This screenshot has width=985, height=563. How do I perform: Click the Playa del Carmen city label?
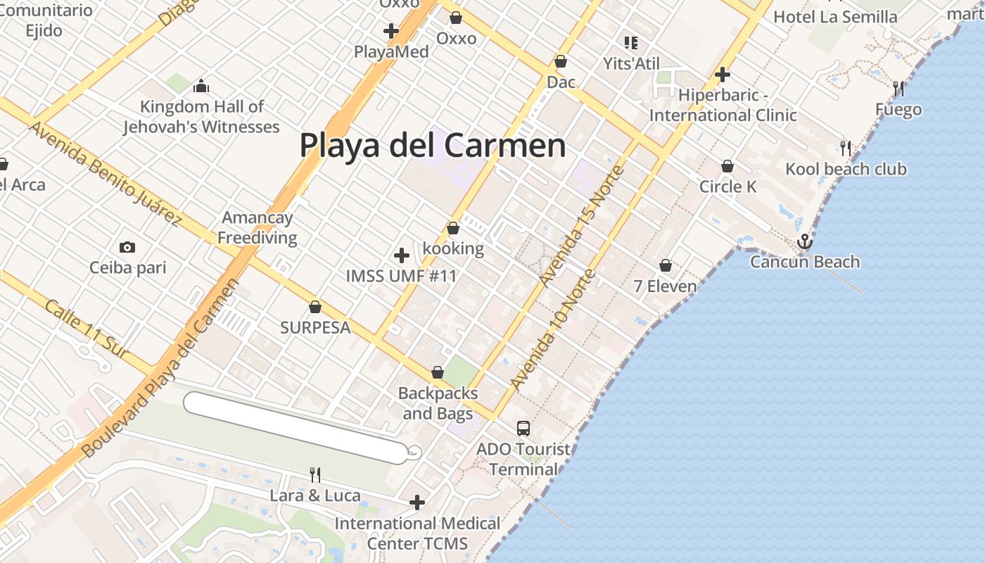click(432, 146)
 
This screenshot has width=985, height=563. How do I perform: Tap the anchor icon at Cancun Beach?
click(804, 242)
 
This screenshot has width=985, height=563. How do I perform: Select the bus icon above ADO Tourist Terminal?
click(523, 428)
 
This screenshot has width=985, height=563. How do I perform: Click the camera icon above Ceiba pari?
click(127, 247)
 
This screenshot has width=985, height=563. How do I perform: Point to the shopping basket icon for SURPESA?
click(315, 307)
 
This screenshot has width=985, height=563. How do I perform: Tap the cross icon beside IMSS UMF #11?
click(402, 255)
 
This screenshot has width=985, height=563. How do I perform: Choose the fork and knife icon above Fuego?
click(898, 89)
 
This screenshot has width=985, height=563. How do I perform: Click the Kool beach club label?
click(846, 169)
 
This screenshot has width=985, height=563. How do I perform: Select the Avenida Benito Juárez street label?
click(105, 173)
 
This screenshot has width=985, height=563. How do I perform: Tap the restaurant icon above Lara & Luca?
click(315, 475)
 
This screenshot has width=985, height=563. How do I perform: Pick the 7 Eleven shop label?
click(665, 286)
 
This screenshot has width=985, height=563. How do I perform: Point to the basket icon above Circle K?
click(727, 166)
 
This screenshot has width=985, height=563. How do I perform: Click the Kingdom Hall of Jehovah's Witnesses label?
click(201, 117)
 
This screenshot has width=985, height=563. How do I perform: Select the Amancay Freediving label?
click(257, 227)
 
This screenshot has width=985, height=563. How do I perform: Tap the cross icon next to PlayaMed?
click(391, 31)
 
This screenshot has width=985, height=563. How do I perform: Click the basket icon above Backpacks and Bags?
click(438, 372)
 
